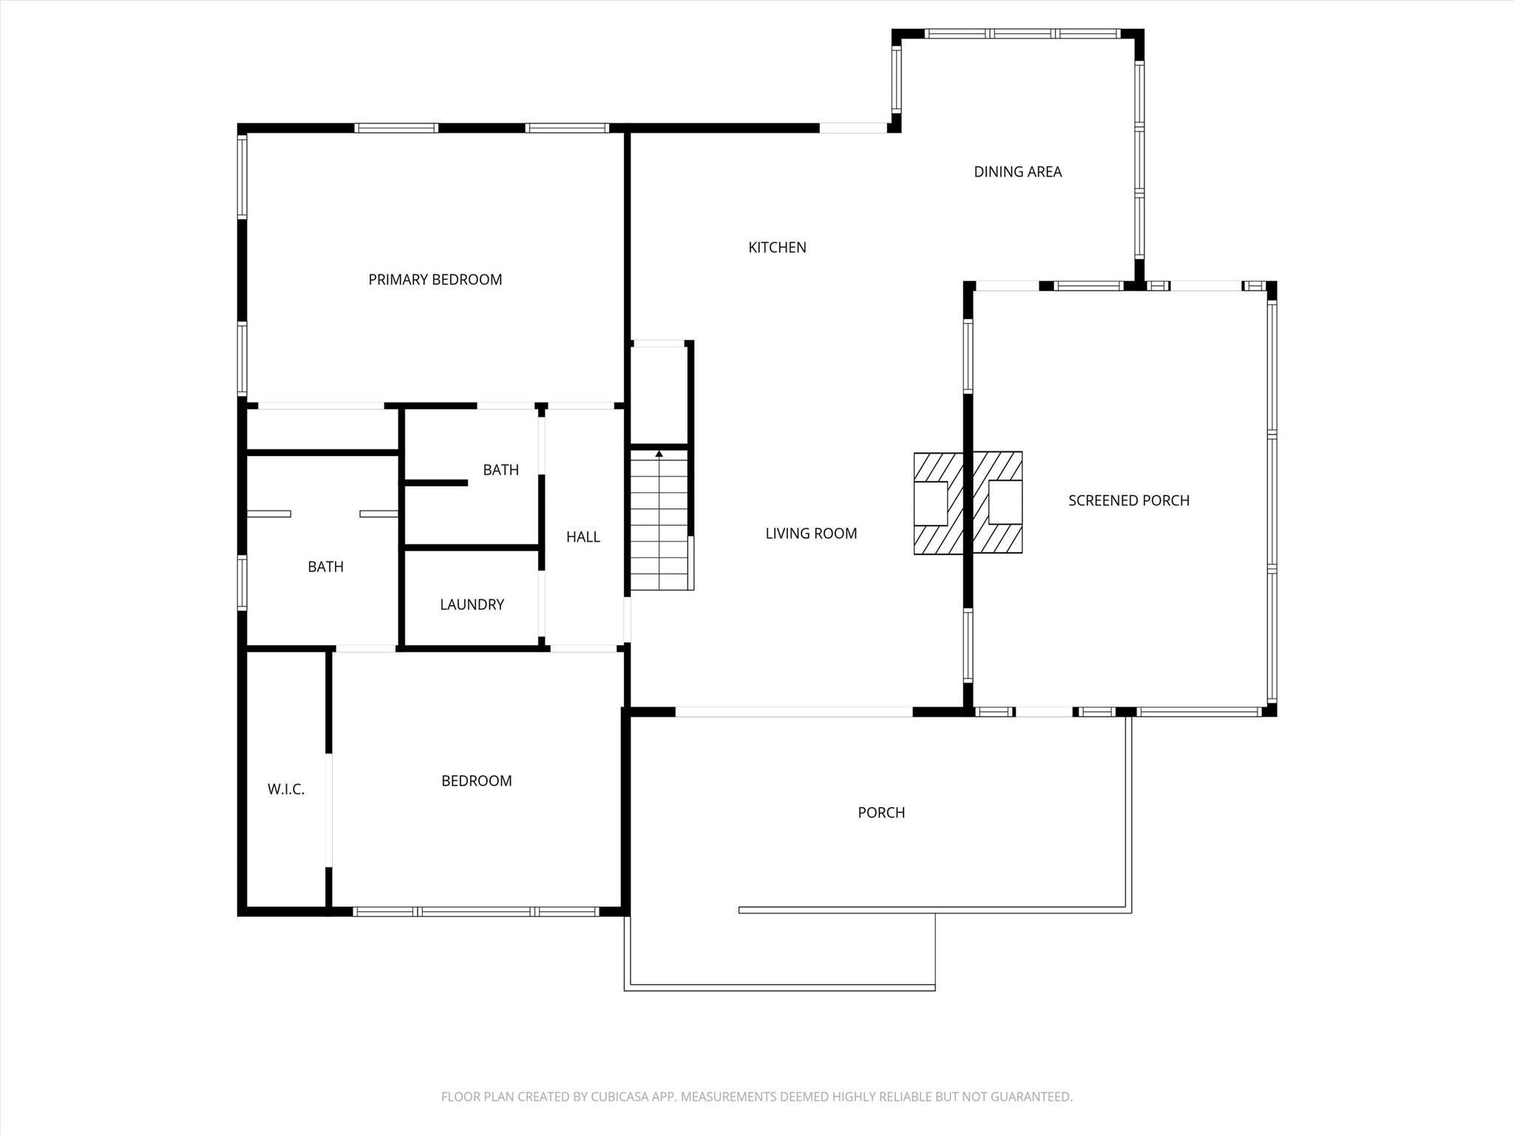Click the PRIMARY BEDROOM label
click(x=435, y=279)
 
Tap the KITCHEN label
click(x=777, y=248)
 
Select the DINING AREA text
click(x=1017, y=171)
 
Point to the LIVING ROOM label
click(x=811, y=534)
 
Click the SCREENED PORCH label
click(x=1129, y=500)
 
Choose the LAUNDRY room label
click(x=472, y=604)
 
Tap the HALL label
click(x=583, y=537)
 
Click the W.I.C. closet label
click(x=286, y=789)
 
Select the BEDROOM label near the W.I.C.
click(x=476, y=781)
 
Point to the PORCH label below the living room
click(x=881, y=813)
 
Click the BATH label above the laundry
click(x=500, y=470)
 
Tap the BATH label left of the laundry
click(x=325, y=567)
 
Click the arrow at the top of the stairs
click(x=659, y=454)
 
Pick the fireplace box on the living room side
click(x=931, y=503)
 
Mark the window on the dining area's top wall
click(x=1023, y=33)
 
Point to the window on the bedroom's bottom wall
click(x=476, y=912)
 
